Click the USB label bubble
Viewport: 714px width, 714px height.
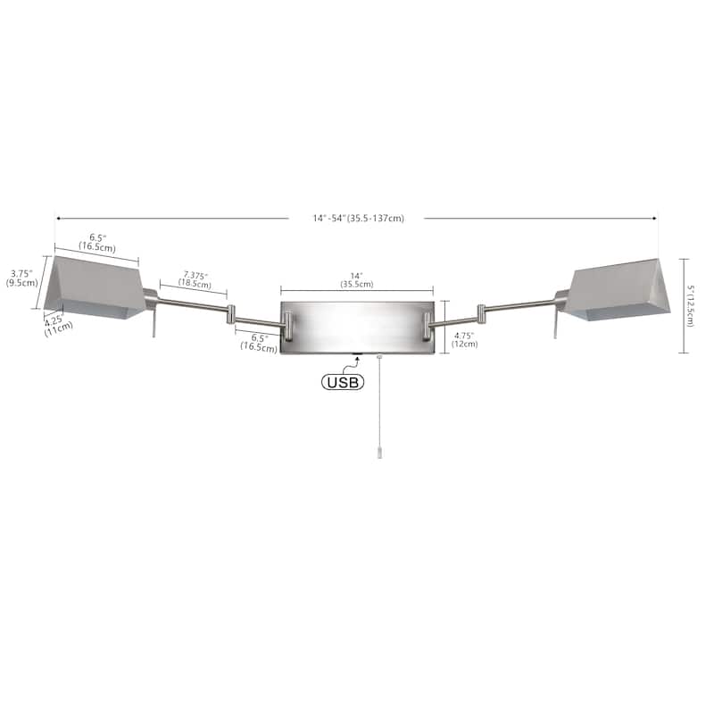(x=343, y=382)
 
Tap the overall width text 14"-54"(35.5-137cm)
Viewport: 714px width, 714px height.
(x=359, y=218)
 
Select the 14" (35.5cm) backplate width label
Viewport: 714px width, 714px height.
(x=356, y=280)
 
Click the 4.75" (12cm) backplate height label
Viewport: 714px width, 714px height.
(x=464, y=340)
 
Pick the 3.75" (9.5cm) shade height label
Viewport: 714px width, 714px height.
(x=21, y=278)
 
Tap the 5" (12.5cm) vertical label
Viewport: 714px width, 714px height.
(x=691, y=306)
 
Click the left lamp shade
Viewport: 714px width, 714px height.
(x=96, y=286)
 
